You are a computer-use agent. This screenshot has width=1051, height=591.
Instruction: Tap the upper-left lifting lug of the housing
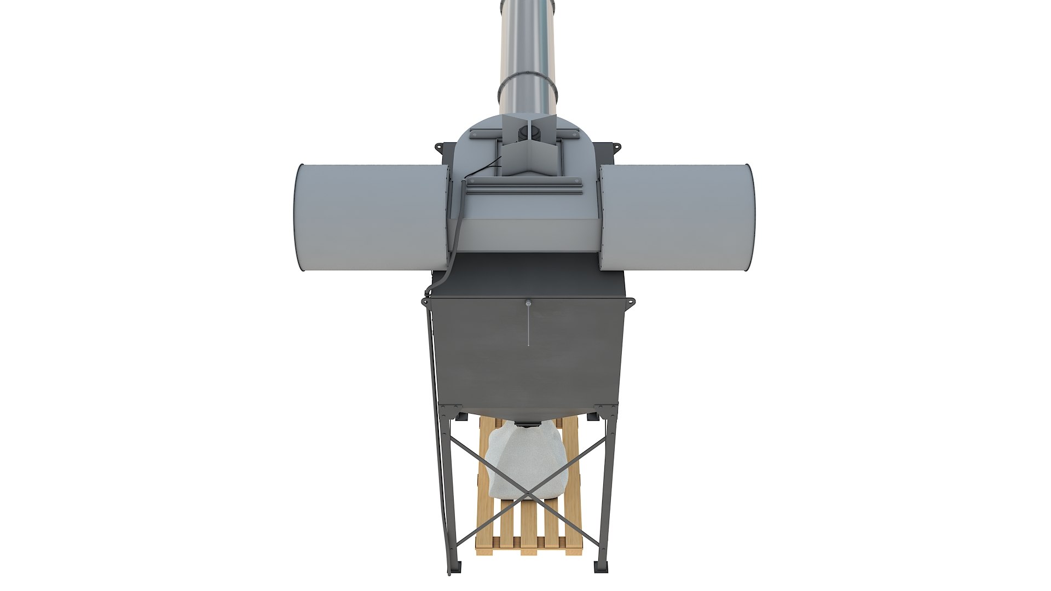click(x=440, y=147)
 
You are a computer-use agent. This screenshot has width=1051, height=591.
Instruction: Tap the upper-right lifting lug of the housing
click(x=616, y=147)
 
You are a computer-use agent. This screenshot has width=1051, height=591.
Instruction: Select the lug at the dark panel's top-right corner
click(x=630, y=301)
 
